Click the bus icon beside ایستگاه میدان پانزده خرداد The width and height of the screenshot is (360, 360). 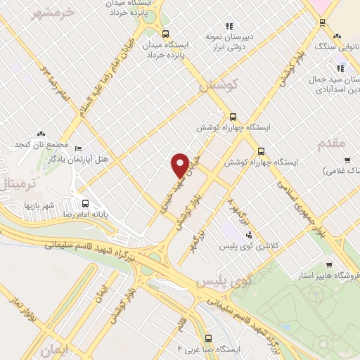(x=165, y=34)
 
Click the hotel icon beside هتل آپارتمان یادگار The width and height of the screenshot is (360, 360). (x=79, y=149)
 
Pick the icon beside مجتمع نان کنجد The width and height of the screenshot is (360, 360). (x=41, y=132)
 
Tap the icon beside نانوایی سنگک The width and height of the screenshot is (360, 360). (x=338, y=35)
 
